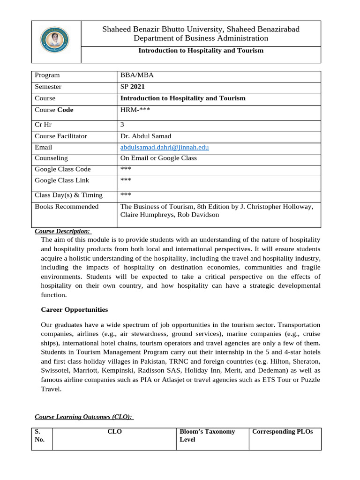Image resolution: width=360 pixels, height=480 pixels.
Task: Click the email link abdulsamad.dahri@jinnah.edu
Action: [165, 147]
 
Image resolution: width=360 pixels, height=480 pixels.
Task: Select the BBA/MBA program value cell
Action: [137, 75]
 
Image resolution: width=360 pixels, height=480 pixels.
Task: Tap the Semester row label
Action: [48, 87]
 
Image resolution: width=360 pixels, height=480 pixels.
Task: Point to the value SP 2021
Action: [133, 87]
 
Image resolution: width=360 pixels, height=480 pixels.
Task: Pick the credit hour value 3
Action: [122, 125]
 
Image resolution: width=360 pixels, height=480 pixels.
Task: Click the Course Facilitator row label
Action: [61, 136]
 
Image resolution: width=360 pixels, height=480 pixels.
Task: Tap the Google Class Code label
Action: [63, 169]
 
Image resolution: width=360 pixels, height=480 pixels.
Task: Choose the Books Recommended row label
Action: [67, 207]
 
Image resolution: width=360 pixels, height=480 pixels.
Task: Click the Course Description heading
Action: [63, 231]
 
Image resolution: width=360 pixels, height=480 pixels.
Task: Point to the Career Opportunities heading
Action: [74, 310]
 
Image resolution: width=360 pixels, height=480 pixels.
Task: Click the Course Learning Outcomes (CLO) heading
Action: [83, 417]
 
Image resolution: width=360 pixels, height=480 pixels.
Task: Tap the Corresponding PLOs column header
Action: [282, 432]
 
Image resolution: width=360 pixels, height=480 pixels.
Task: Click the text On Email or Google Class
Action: [158, 158]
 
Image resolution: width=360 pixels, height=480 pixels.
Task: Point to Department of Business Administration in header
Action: [201, 38]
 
